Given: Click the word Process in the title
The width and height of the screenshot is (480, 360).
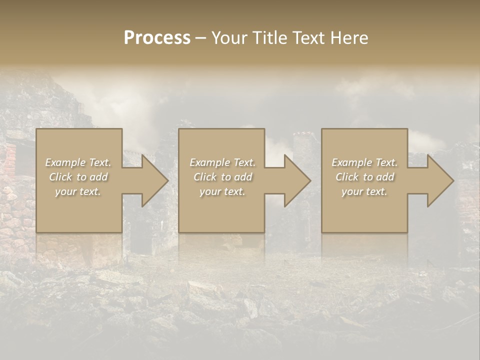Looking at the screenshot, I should pyautogui.click(x=157, y=38).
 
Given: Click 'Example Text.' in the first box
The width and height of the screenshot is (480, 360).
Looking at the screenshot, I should pyautogui.click(x=78, y=162).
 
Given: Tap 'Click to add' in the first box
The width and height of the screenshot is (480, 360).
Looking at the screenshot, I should pyautogui.click(x=78, y=177).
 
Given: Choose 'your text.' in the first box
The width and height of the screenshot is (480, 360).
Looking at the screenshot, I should pyautogui.click(x=78, y=191).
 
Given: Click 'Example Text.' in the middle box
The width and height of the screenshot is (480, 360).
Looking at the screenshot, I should pyautogui.click(x=222, y=162).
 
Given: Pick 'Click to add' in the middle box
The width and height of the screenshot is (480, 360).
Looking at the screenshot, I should pyautogui.click(x=222, y=177).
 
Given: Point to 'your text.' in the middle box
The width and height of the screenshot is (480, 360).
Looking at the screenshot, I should pyautogui.click(x=222, y=191).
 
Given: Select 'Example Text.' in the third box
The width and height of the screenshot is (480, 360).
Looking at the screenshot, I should pyautogui.click(x=364, y=162).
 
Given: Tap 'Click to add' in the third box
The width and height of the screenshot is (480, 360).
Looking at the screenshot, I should pyautogui.click(x=364, y=177).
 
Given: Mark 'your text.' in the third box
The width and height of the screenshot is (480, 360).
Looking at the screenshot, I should pyautogui.click(x=364, y=191).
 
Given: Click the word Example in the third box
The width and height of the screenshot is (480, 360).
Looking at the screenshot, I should pyautogui.click(x=352, y=162).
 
